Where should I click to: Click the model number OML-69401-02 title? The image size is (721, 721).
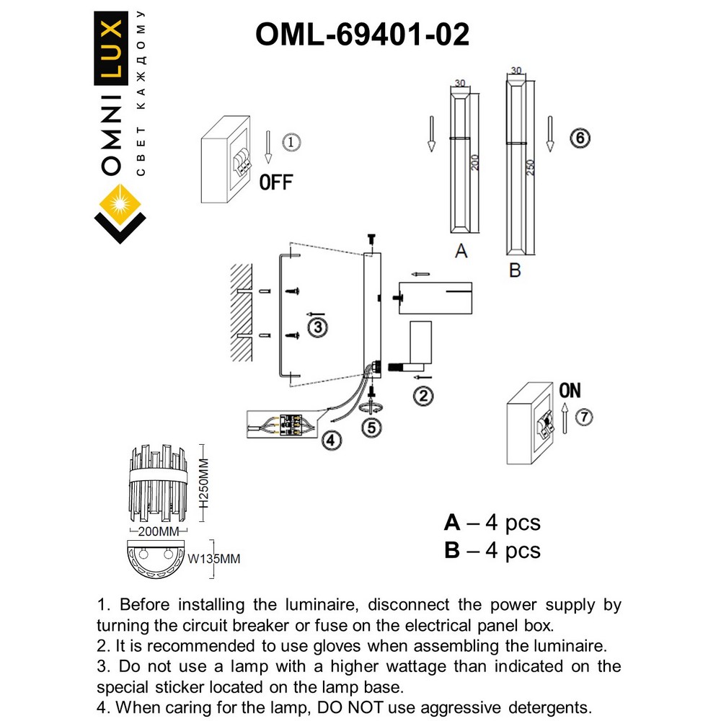[x=363, y=34]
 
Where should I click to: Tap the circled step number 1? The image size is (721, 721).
[x=288, y=142]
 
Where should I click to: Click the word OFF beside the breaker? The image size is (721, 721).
[x=276, y=182]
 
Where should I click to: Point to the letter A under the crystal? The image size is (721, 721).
[x=461, y=251]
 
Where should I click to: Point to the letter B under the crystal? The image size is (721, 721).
[x=515, y=271]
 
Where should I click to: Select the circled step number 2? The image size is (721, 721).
[x=423, y=395]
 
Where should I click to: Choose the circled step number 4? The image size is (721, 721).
[x=329, y=439]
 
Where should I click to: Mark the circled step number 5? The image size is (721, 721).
[x=371, y=427]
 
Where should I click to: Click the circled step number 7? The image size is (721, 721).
[x=585, y=417]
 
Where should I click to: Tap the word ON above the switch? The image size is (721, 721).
[x=570, y=391]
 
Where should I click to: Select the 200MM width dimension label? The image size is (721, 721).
[x=158, y=532]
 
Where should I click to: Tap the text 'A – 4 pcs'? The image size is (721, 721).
[x=492, y=523]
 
